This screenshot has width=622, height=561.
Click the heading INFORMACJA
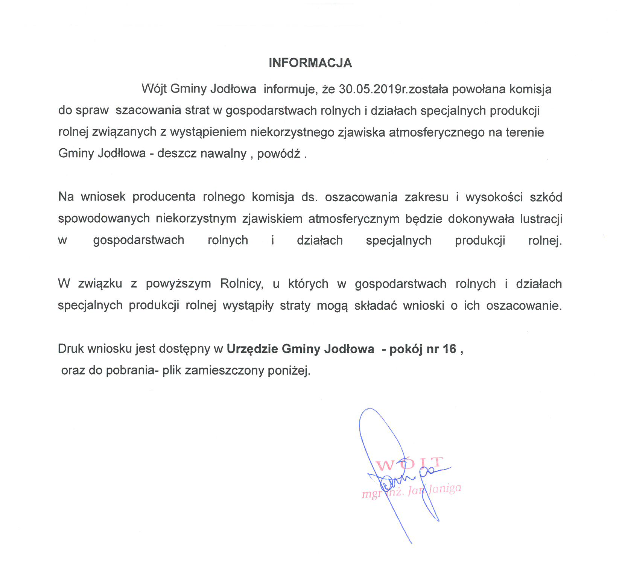(310, 63)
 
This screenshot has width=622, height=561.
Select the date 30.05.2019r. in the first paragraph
(373, 89)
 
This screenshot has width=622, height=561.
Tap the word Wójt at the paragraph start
(154, 89)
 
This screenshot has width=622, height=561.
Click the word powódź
(278, 154)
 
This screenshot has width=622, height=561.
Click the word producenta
(164, 197)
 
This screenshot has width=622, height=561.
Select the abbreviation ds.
(309, 197)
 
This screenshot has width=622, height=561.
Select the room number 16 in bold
(449, 349)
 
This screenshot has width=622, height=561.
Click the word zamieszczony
(224, 371)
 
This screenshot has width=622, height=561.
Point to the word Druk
(71, 349)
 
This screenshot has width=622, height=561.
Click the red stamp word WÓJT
(410, 464)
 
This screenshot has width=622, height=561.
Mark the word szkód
(546, 197)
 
